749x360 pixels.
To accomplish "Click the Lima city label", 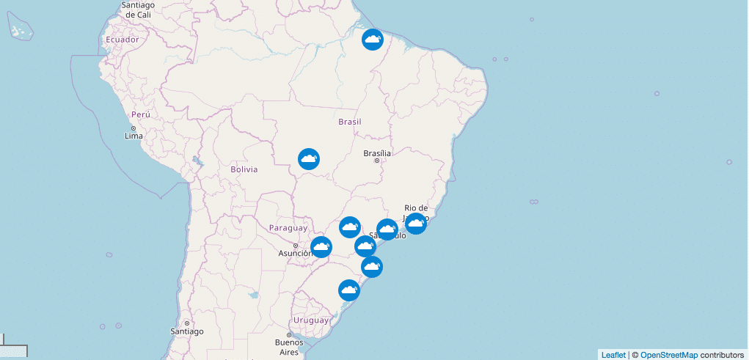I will [134, 136].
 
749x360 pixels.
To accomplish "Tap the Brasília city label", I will [378, 153].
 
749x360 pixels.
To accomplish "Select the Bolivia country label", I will [244, 169].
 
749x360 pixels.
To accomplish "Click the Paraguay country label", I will [288, 228].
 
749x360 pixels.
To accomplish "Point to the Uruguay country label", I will [311, 320].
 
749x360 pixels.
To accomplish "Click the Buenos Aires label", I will [289, 347].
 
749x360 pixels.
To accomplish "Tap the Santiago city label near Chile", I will [186, 331].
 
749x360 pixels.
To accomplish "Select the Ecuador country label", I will [122, 40].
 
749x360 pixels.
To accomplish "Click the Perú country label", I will [140, 115].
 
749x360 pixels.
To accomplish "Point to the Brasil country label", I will [350, 122].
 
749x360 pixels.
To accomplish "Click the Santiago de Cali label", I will [138, 10].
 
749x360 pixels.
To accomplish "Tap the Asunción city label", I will [295, 254].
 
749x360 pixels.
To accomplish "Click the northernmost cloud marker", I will [373, 39].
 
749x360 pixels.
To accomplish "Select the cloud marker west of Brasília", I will [309, 158].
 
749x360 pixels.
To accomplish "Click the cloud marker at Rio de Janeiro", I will [415, 223].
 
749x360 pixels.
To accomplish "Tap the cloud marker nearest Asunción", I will [321, 247].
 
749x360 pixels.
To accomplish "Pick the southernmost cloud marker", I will [349, 290].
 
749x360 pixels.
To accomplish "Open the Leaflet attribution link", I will [613, 355].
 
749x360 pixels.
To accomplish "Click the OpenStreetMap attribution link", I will [668, 355].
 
